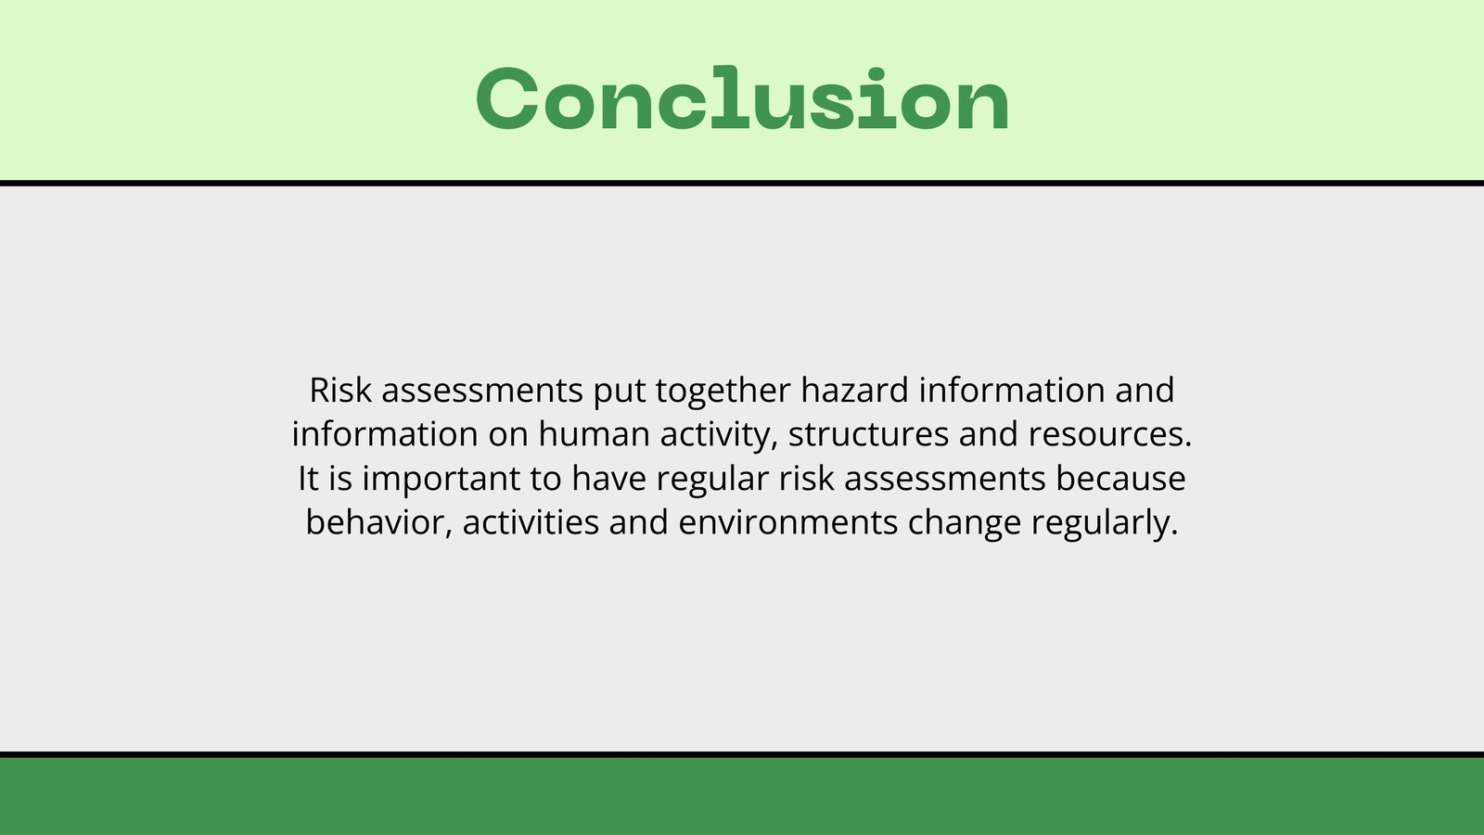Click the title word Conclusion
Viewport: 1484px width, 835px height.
743,98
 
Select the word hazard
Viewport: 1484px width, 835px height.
854,390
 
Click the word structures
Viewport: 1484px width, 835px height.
868,435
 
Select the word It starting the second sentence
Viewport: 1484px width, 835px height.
308,479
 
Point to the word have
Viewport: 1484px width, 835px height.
608,479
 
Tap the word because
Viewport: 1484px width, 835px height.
1121,479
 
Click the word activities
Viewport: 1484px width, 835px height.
531,523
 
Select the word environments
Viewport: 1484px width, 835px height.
788,523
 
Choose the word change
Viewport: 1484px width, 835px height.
965,525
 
